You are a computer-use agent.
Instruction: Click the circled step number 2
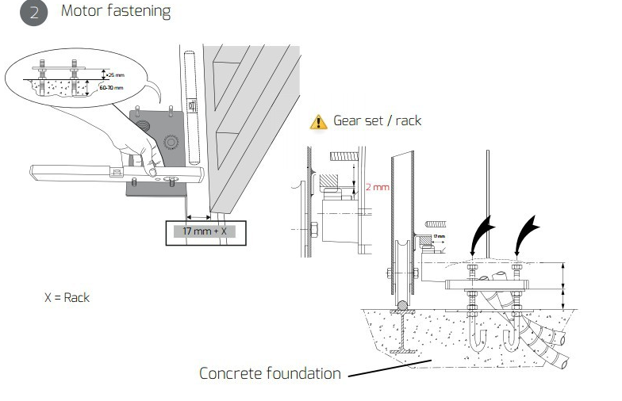33,13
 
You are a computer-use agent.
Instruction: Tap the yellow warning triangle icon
319,121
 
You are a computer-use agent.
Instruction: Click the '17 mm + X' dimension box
205,231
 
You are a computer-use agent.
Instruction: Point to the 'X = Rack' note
67,298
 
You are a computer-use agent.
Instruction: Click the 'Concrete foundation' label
270,372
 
